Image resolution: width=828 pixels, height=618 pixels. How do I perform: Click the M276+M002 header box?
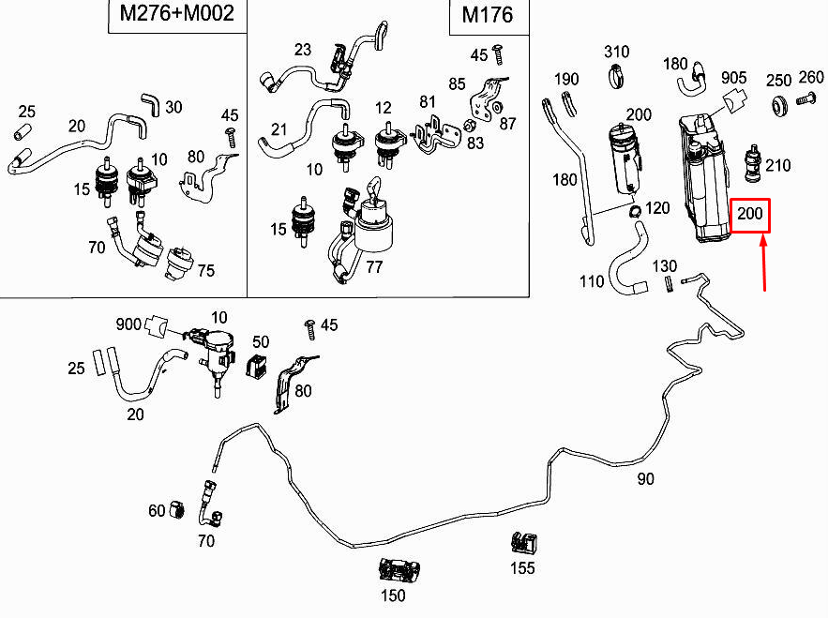coord(171,16)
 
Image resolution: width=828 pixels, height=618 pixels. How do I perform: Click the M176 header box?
coord(486,16)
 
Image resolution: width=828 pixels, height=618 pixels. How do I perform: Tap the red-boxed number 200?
coord(750,215)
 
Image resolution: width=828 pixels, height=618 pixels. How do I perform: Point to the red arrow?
coord(765,263)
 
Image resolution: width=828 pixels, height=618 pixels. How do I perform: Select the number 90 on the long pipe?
coord(646,479)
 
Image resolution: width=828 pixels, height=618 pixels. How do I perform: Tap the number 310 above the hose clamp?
coord(616,52)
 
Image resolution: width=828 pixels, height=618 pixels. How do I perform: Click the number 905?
coord(734,77)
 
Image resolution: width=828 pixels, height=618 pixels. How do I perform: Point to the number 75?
coord(205,270)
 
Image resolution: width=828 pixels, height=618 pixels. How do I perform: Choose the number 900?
coord(128,324)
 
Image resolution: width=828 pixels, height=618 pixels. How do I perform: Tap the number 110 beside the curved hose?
coord(592,281)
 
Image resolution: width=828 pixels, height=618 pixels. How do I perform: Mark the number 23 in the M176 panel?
coord(302,50)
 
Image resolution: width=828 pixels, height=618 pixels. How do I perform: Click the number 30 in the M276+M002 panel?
coord(173,107)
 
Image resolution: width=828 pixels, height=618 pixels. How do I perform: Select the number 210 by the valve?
coord(777,166)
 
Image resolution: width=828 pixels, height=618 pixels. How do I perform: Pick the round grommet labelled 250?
coord(777,106)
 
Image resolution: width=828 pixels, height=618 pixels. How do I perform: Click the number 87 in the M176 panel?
coord(507,123)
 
